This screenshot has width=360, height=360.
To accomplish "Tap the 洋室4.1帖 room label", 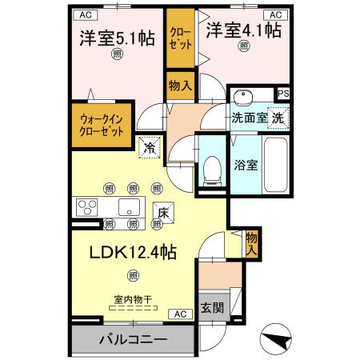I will click(243, 30).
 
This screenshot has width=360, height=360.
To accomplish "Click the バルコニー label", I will click(133, 340).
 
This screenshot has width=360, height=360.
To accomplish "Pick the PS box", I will click(282, 94).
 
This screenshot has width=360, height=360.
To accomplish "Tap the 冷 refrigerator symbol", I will click(149, 147).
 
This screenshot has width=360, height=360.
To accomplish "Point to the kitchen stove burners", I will click(86, 207).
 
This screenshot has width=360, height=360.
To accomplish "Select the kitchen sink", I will click(129, 207).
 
